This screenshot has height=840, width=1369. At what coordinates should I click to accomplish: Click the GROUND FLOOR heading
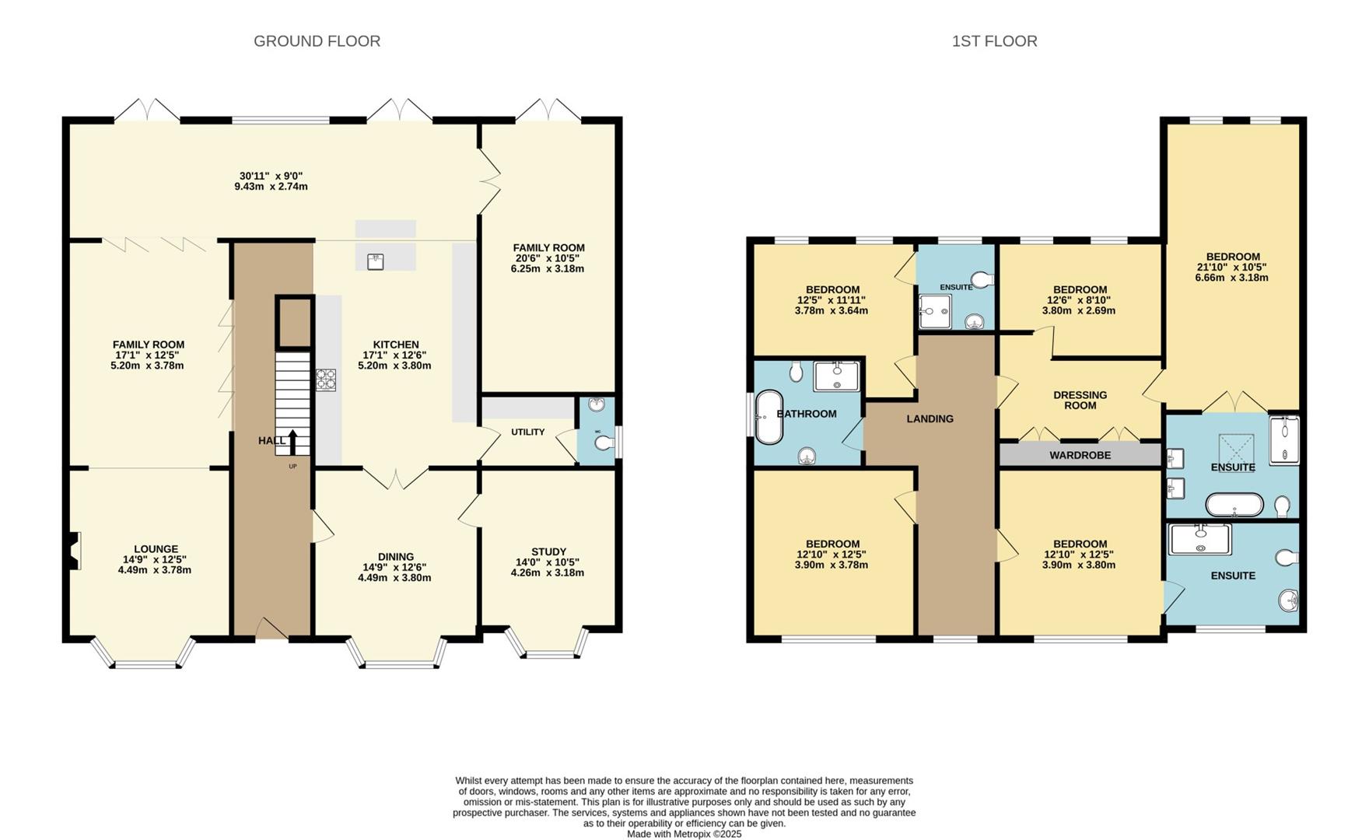(317, 41)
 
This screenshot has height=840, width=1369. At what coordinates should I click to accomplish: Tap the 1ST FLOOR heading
(994, 41)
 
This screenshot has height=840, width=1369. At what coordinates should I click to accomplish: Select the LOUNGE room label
(156, 549)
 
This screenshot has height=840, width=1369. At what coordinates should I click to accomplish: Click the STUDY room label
(548, 552)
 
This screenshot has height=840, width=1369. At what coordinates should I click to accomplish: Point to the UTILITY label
(527, 432)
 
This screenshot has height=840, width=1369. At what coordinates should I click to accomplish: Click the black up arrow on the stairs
(292, 442)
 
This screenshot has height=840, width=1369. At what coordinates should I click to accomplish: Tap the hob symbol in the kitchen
(326, 380)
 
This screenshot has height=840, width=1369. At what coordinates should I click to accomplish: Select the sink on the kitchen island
(376, 261)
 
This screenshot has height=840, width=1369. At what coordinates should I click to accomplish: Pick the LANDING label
(930, 418)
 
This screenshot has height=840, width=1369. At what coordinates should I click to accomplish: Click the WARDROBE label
(1080, 455)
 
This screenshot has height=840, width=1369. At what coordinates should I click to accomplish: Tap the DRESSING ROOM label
(1080, 400)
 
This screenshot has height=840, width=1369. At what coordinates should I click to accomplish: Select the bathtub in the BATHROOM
(769, 417)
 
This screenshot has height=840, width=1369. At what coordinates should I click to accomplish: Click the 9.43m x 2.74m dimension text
(271, 187)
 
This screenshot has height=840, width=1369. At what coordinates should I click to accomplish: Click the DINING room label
(395, 557)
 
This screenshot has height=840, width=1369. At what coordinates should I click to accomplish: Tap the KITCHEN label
(396, 345)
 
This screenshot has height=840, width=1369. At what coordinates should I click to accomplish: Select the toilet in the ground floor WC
(604, 443)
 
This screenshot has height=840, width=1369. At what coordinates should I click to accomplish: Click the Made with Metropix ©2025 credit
(684, 834)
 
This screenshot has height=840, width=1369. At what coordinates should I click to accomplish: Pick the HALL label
(271, 441)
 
